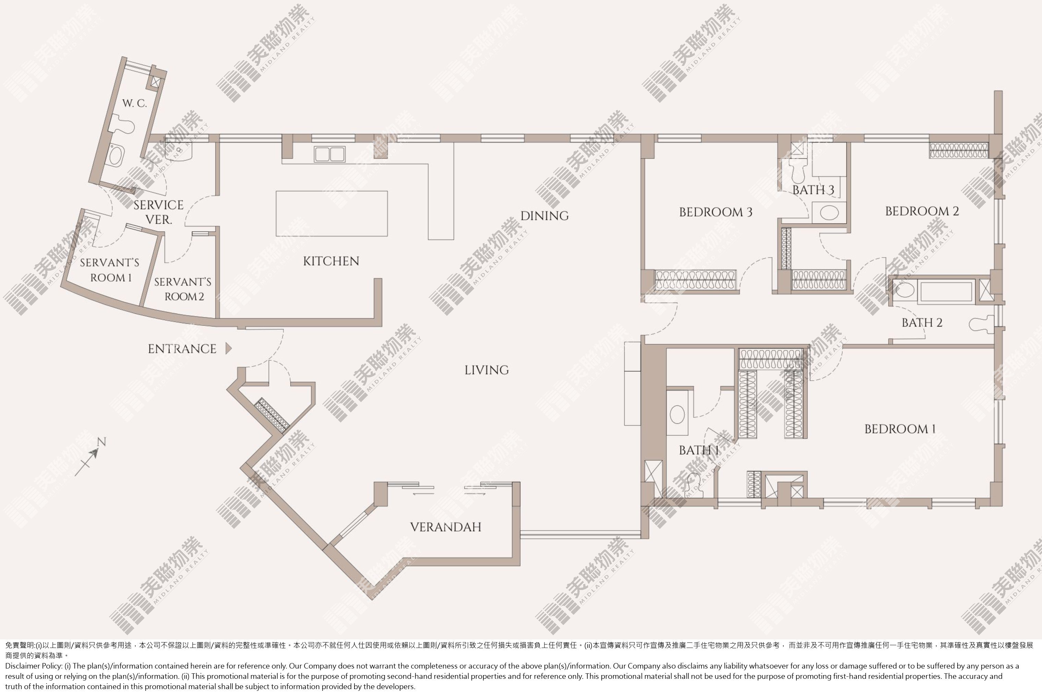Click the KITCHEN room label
point(331,261)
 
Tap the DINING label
point(544,216)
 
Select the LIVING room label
point(487,370)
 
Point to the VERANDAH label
point(446,527)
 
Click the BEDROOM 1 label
point(900,429)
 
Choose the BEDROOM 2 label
point(922,211)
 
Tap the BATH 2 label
point(922,323)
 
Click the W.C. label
point(135,104)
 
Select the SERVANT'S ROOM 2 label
point(183,289)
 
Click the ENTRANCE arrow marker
point(228,348)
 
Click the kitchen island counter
point(332,213)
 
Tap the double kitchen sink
point(329,154)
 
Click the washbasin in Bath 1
point(677,414)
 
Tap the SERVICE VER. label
point(159,212)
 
